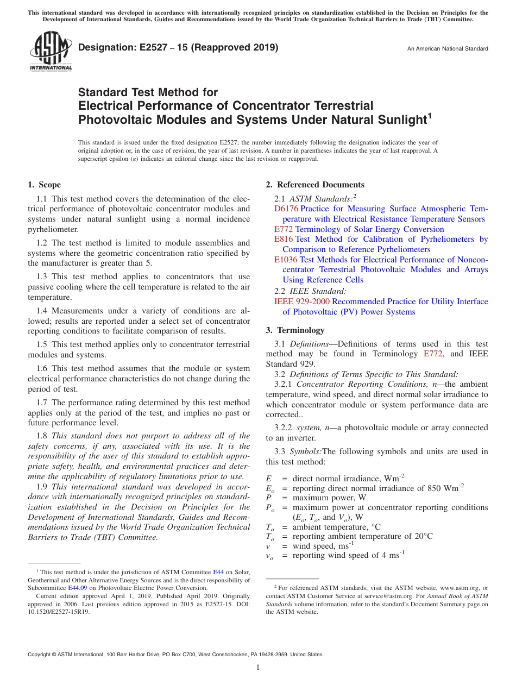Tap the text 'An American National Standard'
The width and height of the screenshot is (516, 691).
point(448,49)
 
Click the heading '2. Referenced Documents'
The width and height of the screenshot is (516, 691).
point(315,185)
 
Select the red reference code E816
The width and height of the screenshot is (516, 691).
point(284,239)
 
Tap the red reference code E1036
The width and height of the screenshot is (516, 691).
point(286,260)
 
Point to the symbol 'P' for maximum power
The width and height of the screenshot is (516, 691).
point(268,498)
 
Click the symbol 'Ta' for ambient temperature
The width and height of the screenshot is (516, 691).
point(269,527)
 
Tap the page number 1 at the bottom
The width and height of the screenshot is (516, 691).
point(258,668)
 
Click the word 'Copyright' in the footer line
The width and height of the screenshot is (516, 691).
point(40,655)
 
